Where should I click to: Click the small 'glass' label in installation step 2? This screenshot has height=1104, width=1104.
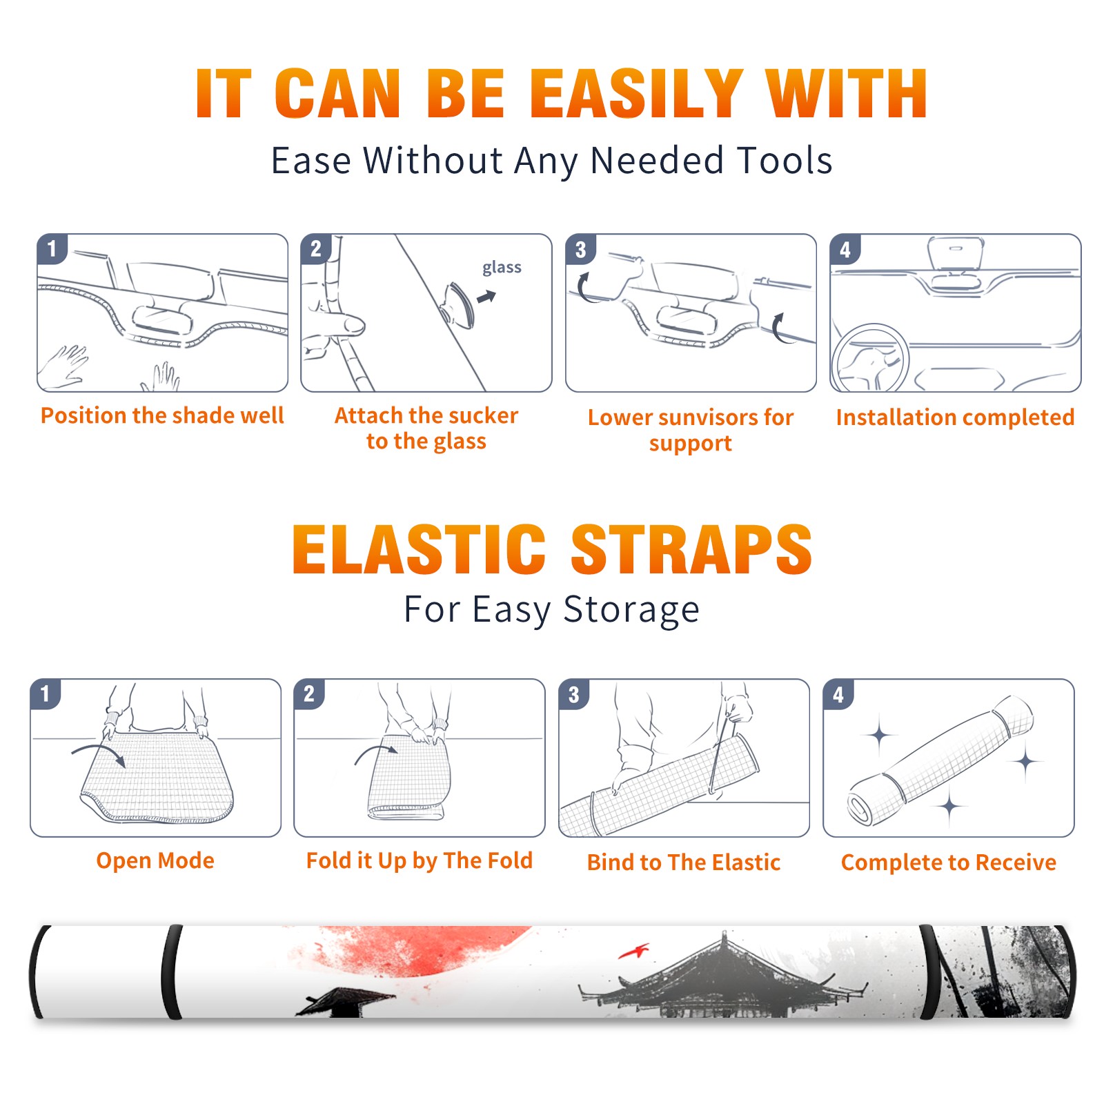point(502,268)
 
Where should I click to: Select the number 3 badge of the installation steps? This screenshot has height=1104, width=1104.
point(580,249)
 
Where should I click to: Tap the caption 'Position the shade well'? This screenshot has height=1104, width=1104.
point(162,415)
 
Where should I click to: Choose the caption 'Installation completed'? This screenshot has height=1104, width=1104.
point(955,417)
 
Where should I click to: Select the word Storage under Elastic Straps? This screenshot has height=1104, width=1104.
point(631,610)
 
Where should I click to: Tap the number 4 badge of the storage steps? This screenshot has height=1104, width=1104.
point(838,694)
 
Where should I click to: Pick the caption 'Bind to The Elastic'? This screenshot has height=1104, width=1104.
point(684,862)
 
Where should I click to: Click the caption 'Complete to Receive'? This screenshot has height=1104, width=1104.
point(949,862)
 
